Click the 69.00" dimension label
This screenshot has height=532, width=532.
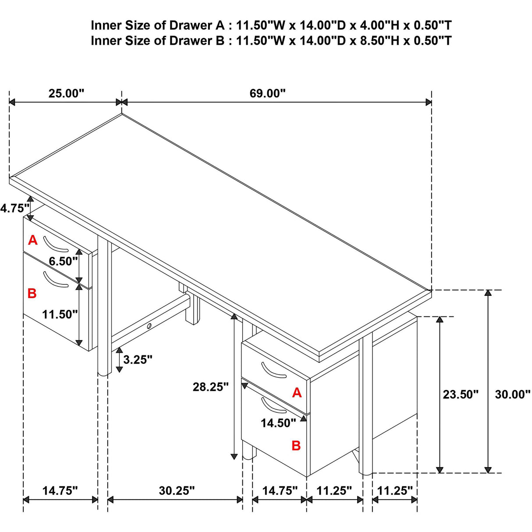pyautogui.click(x=267, y=93)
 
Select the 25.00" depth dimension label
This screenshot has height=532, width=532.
pyautogui.click(x=66, y=93)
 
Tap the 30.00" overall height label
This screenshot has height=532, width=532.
pyautogui.click(x=513, y=394)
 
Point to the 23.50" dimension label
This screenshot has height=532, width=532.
pyautogui.click(x=461, y=394)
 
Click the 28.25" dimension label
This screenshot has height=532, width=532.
pyautogui.click(x=211, y=387)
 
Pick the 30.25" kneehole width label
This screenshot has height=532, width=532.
pyautogui.click(x=177, y=491)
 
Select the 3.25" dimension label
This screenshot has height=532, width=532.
pyautogui.click(x=138, y=359)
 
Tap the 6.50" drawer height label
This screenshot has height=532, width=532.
pyautogui.click(x=64, y=261)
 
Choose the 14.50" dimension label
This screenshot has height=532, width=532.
pyautogui.click(x=278, y=423)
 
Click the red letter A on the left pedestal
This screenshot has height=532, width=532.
pyautogui.click(x=32, y=240)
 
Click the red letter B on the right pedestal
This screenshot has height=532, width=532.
pyautogui.click(x=296, y=445)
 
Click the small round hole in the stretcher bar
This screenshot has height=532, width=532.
pyautogui.click(x=149, y=326)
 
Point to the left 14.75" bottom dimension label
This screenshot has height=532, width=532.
pyautogui.click(x=60, y=491)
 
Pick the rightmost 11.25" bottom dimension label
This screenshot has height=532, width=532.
pyautogui.click(x=395, y=491)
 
